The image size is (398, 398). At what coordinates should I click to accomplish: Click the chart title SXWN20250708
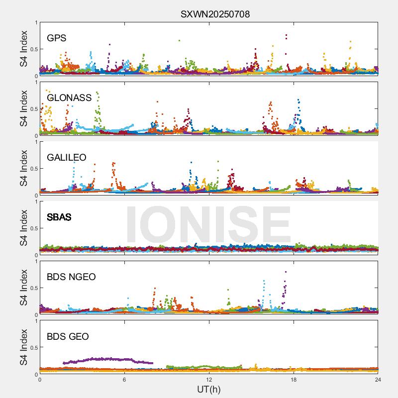(x=215, y=14)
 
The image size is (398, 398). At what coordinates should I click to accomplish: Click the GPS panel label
(x=57, y=38)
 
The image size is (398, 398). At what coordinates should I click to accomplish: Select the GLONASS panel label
(x=69, y=98)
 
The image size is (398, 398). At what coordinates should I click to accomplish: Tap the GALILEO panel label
(x=67, y=157)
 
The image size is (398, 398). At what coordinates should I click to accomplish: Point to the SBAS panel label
(x=59, y=217)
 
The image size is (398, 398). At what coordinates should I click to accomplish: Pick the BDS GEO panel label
(x=68, y=336)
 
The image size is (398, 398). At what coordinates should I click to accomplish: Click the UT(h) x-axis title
(x=209, y=389)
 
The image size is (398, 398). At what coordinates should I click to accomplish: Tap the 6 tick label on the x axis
(x=124, y=380)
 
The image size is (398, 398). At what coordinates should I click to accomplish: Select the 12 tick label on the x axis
(x=209, y=380)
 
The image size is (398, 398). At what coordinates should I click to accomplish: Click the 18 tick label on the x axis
(x=294, y=380)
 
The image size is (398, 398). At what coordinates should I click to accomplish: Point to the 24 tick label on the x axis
(x=378, y=380)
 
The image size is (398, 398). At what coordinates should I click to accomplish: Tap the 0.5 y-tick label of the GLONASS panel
(x=32, y=108)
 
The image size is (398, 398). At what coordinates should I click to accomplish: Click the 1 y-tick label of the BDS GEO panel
(x=35, y=321)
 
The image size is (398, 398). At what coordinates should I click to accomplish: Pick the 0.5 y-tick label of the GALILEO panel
(x=32, y=168)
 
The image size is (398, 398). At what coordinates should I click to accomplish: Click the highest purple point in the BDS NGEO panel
(x=286, y=272)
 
